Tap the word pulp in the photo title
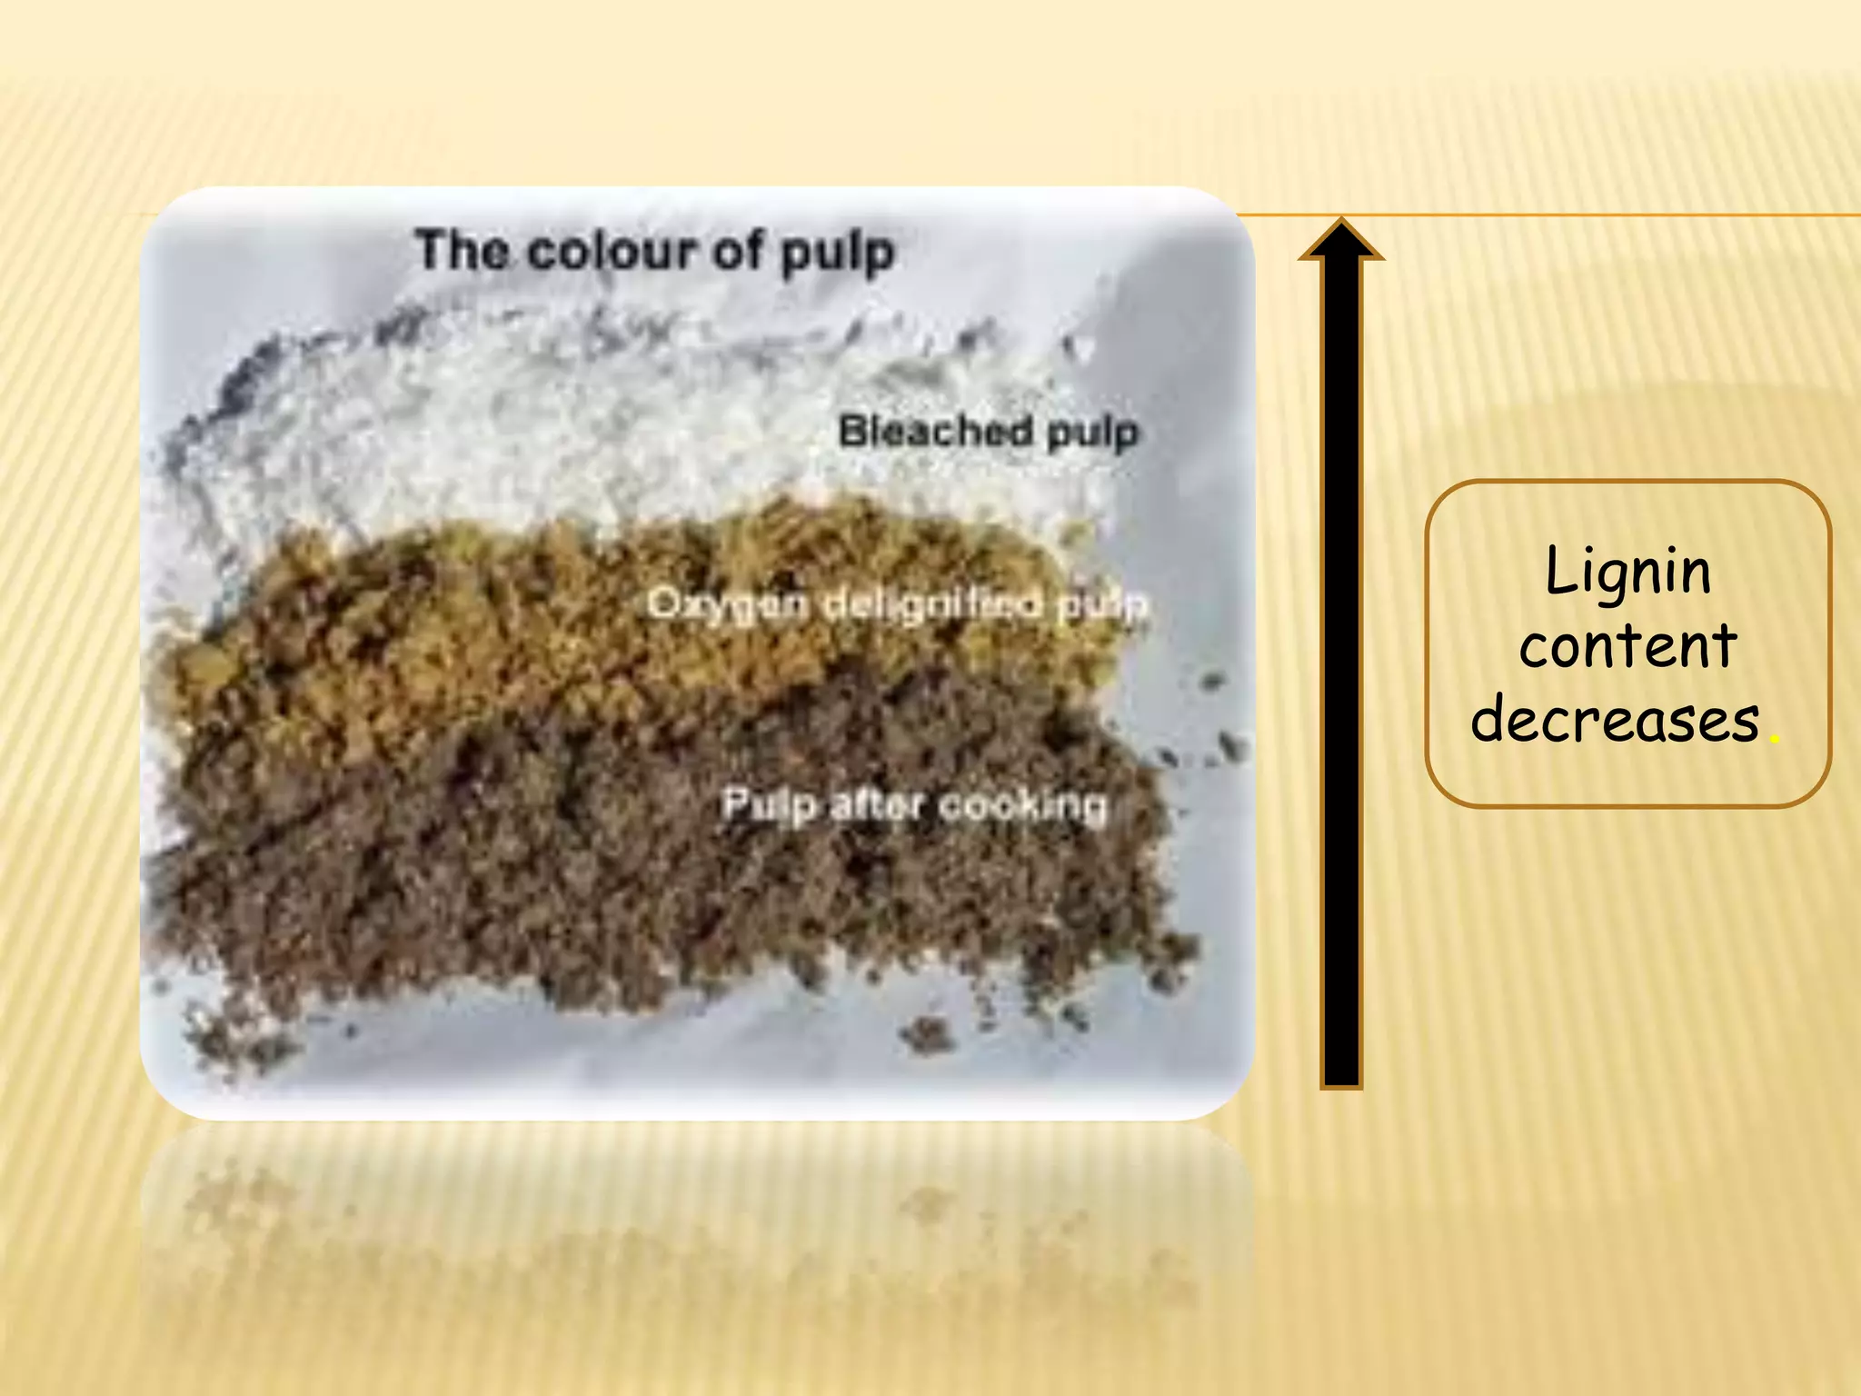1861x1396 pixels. coord(838,253)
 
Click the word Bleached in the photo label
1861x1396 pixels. coord(935,431)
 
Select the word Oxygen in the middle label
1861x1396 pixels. coord(726,603)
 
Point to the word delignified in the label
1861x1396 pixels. coord(931,603)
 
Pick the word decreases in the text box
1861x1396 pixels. coord(1615,719)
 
